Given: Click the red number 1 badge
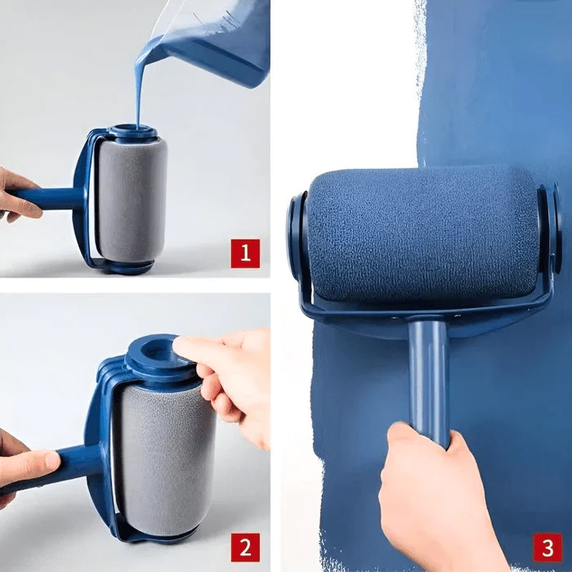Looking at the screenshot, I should coord(245,253).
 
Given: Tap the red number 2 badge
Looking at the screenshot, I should coord(245,547).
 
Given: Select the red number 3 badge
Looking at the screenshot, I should coord(547,547).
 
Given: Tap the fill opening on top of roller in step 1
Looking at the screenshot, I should coord(132,131).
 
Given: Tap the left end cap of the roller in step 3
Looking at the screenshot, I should coord(295,237).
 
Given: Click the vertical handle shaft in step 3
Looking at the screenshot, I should coord(428,376).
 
